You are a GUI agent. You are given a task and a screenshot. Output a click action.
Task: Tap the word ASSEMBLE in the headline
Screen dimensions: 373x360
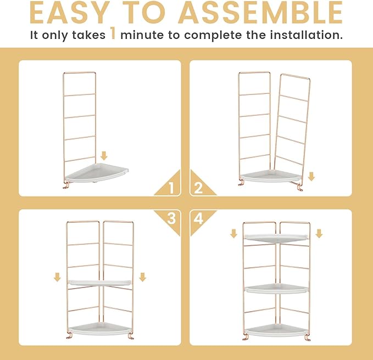coord(260,13)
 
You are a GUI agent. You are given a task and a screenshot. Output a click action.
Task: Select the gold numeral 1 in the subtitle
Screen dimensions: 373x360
coord(113,33)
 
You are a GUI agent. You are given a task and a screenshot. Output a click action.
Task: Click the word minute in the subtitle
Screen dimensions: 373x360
coord(142,35)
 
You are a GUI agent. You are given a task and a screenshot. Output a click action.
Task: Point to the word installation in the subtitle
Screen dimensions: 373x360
coord(307,35)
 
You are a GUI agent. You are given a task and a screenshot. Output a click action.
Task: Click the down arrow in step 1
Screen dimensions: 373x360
coord(104,156)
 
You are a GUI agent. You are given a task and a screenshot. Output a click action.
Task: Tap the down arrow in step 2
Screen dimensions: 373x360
coord(311,176)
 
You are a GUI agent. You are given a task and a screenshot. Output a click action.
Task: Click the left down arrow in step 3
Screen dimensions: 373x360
coord(57,277)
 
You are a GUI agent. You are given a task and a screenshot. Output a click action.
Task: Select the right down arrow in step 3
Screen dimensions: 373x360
coord(142,277)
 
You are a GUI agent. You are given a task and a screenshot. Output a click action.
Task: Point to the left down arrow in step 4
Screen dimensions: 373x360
coord(234,233)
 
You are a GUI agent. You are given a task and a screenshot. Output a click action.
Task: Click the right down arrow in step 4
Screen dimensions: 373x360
coord(319,233)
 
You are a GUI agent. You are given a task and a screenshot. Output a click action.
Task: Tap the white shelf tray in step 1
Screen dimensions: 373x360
coord(96,173)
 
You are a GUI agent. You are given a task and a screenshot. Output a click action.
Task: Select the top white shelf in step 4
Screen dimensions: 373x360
coord(276,238)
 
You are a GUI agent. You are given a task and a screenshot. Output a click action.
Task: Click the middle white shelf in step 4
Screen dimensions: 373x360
coord(276,289)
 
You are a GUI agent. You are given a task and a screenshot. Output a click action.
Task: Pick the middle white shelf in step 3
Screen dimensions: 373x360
coord(99,282)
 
